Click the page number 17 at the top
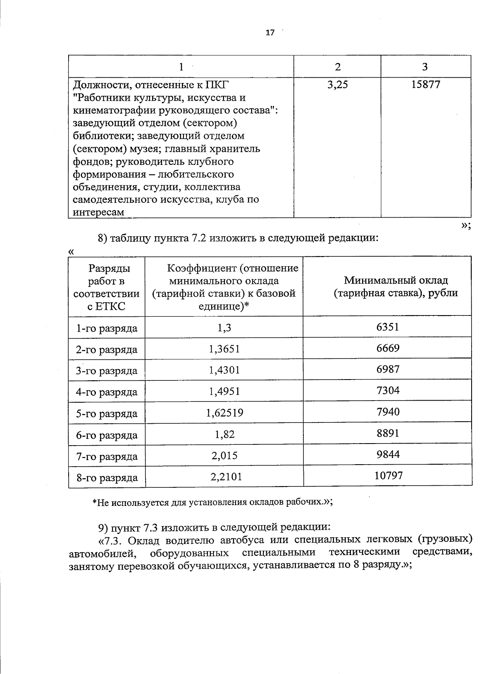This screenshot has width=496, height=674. point(269,33)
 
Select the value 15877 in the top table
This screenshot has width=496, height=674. point(426,85)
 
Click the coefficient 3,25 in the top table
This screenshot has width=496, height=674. point(337,85)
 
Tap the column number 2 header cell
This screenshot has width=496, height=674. point(337,67)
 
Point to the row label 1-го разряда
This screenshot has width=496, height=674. point(107,328)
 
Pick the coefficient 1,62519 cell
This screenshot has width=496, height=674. point(224,412)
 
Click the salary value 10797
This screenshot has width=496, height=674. point(388,475)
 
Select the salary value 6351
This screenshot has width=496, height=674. point(388,327)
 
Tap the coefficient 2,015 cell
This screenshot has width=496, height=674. point(224,456)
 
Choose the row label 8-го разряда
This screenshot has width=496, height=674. point(107,478)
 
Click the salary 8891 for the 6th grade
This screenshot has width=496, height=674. point(388,433)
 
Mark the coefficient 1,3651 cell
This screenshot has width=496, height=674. point(224,349)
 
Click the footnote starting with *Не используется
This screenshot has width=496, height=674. point(212,502)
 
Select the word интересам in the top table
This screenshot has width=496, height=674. point(98,212)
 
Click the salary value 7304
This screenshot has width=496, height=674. point(388,390)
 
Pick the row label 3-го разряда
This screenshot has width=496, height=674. point(107,371)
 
